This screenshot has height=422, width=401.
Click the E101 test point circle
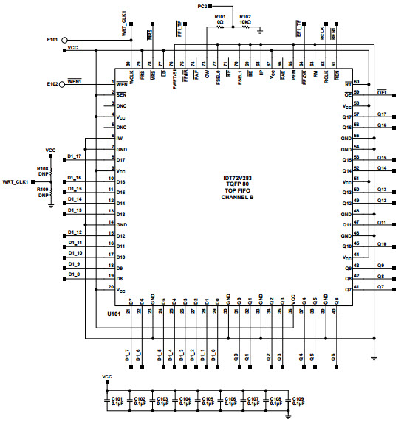click(65, 41)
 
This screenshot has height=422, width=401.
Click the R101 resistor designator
click(219, 16)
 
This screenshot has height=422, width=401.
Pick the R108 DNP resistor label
click(42, 169)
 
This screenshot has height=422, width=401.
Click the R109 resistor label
click(42, 190)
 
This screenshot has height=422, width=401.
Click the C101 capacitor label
click(117, 398)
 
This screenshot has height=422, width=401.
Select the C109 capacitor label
click(299, 398)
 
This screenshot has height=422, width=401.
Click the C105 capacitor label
click(208, 398)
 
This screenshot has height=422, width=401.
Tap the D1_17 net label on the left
click(75, 156)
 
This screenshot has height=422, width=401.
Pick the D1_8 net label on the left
click(74, 274)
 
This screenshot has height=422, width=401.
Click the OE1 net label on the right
click(383, 92)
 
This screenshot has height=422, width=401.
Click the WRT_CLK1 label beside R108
click(16, 181)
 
